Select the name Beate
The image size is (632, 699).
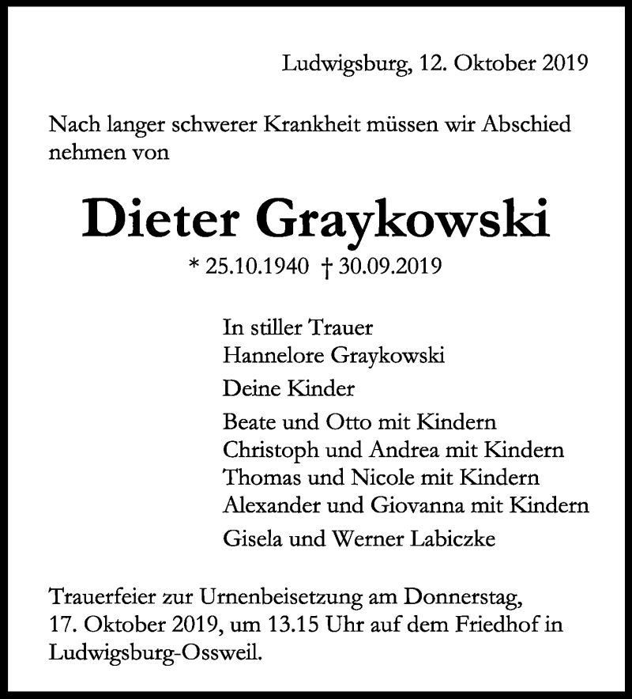click(249, 421)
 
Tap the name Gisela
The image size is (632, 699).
click(249, 540)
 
